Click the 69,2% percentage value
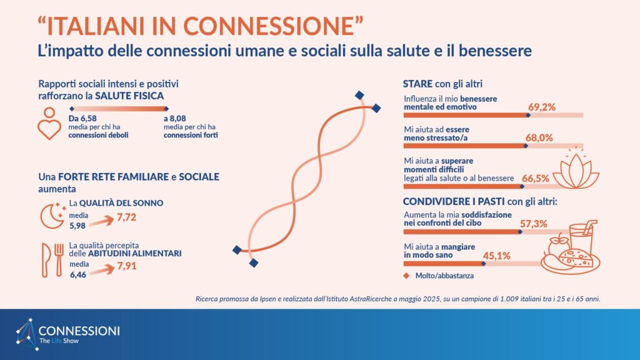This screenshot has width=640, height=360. [x=542, y=107]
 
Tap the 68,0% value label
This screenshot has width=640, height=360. [x=539, y=138]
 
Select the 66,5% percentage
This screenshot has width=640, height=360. [x=535, y=178]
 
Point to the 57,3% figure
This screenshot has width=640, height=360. [x=533, y=224]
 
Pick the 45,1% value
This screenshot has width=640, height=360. [x=496, y=256]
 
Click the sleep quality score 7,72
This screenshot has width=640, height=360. [x=126, y=217]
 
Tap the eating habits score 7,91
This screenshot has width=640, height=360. [x=126, y=266]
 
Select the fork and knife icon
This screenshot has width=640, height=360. [x=53, y=261]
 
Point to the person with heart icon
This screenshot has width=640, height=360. [x=49, y=123]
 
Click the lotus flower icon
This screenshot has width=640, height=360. [x=576, y=168]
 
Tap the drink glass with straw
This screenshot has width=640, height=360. [x=583, y=238]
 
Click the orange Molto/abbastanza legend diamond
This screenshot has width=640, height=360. [x=406, y=276]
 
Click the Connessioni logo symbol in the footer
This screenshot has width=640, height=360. [x=26, y=334]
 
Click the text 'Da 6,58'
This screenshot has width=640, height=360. [x=82, y=118]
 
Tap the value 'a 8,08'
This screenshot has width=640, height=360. [x=175, y=118]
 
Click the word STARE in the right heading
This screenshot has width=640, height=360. [x=417, y=84]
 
